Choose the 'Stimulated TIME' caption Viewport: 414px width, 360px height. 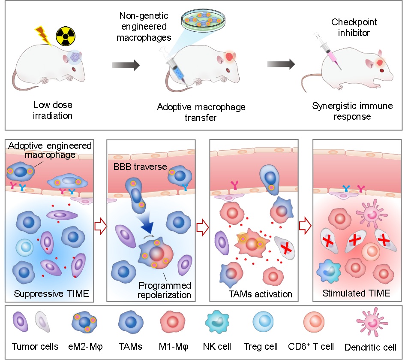point(357,293)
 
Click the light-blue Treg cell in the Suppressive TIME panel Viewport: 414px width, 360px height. point(24,248)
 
